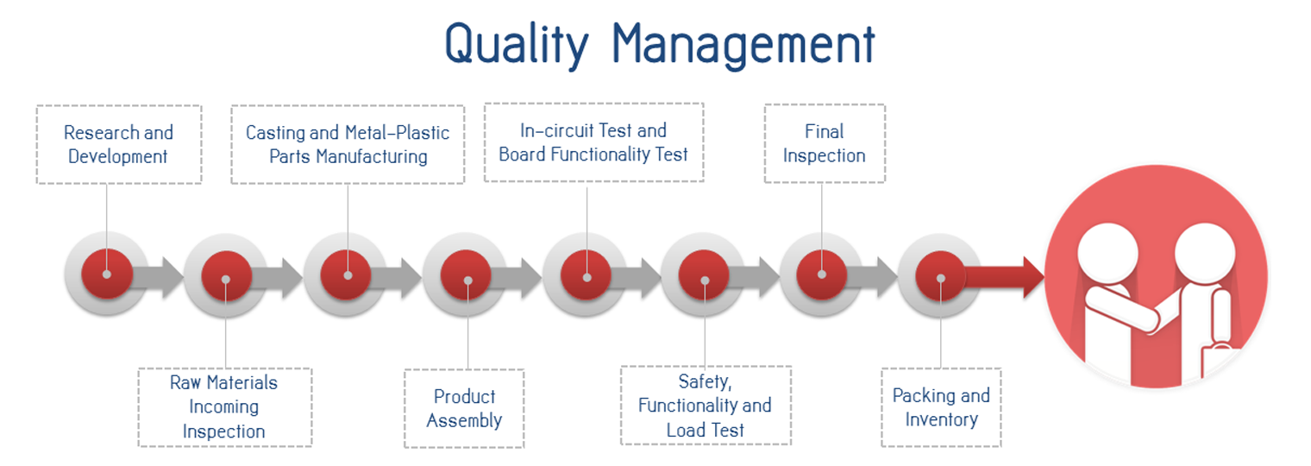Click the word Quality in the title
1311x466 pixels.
click(x=517, y=46)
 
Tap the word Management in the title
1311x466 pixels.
click(x=743, y=46)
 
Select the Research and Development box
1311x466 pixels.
click(x=119, y=145)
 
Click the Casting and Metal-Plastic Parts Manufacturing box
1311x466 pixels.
click(x=348, y=145)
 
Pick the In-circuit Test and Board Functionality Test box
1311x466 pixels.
click(x=593, y=142)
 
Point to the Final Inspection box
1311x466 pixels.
click(x=825, y=143)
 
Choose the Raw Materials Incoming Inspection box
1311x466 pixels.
click(x=225, y=407)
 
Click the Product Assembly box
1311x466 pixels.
click(x=464, y=409)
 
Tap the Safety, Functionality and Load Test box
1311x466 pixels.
click(x=706, y=406)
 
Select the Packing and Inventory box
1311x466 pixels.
click(x=941, y=407)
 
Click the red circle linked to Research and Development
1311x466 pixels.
click(x=107, y=274)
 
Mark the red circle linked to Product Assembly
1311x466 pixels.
click(x=466, y=275)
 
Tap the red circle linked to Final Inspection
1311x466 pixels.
click(x=822, y=274)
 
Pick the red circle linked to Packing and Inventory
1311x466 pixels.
click(x=940, y=276)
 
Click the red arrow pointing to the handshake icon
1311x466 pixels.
click(x=1004, y=277)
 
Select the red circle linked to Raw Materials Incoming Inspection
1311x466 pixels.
click(x=227, y=276)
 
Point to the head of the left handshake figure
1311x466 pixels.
click(x=1108, y=254)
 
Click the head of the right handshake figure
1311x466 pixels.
click(x=1204, y=253)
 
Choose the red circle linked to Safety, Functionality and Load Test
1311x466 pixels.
click(x=704, y=276)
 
